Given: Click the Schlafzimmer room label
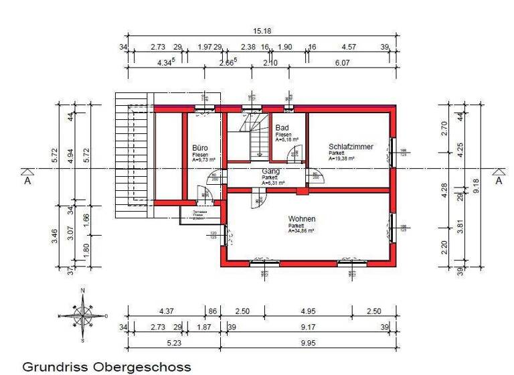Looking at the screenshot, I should click(x=351, y=147).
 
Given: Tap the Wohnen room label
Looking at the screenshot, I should click(x=302, y=219).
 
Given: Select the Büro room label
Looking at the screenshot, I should click(x=200, y=148).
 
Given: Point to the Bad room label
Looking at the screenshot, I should click(x=282, y=127).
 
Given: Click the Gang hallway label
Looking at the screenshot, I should click(x=271, y=171).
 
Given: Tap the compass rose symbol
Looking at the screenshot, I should click(x=82, y=315).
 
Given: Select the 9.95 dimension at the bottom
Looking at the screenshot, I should click(x=308, y=343).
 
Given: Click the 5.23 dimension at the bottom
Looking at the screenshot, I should click(x=173, y=343).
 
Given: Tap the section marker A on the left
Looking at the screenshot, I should click(x=27, y=179).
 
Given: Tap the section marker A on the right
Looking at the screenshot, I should click(x=498, y=179).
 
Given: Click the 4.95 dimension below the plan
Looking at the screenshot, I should click(x=308, y=311).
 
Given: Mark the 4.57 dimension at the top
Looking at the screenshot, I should click(x=349, y=48).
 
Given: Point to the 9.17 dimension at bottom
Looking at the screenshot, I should click(x=308, y=327).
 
